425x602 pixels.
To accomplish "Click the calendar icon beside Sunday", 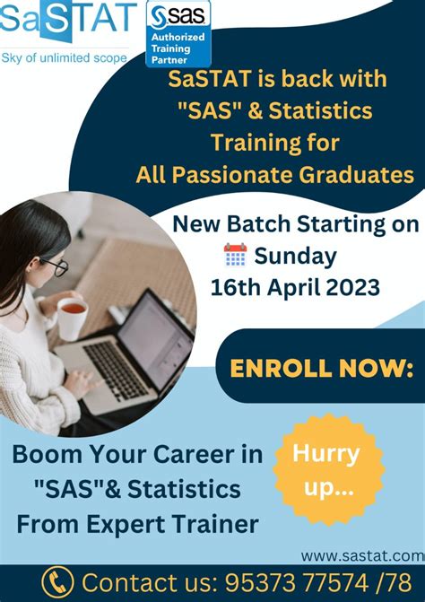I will click(235, 256).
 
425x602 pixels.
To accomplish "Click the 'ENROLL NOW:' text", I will click(322, 368).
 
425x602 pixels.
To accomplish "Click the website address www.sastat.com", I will click(362, 556).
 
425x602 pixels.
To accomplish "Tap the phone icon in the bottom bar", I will click(58, 581).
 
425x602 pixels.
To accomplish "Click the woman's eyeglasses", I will click(54, 266).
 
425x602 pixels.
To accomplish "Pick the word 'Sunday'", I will click(295, 256).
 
